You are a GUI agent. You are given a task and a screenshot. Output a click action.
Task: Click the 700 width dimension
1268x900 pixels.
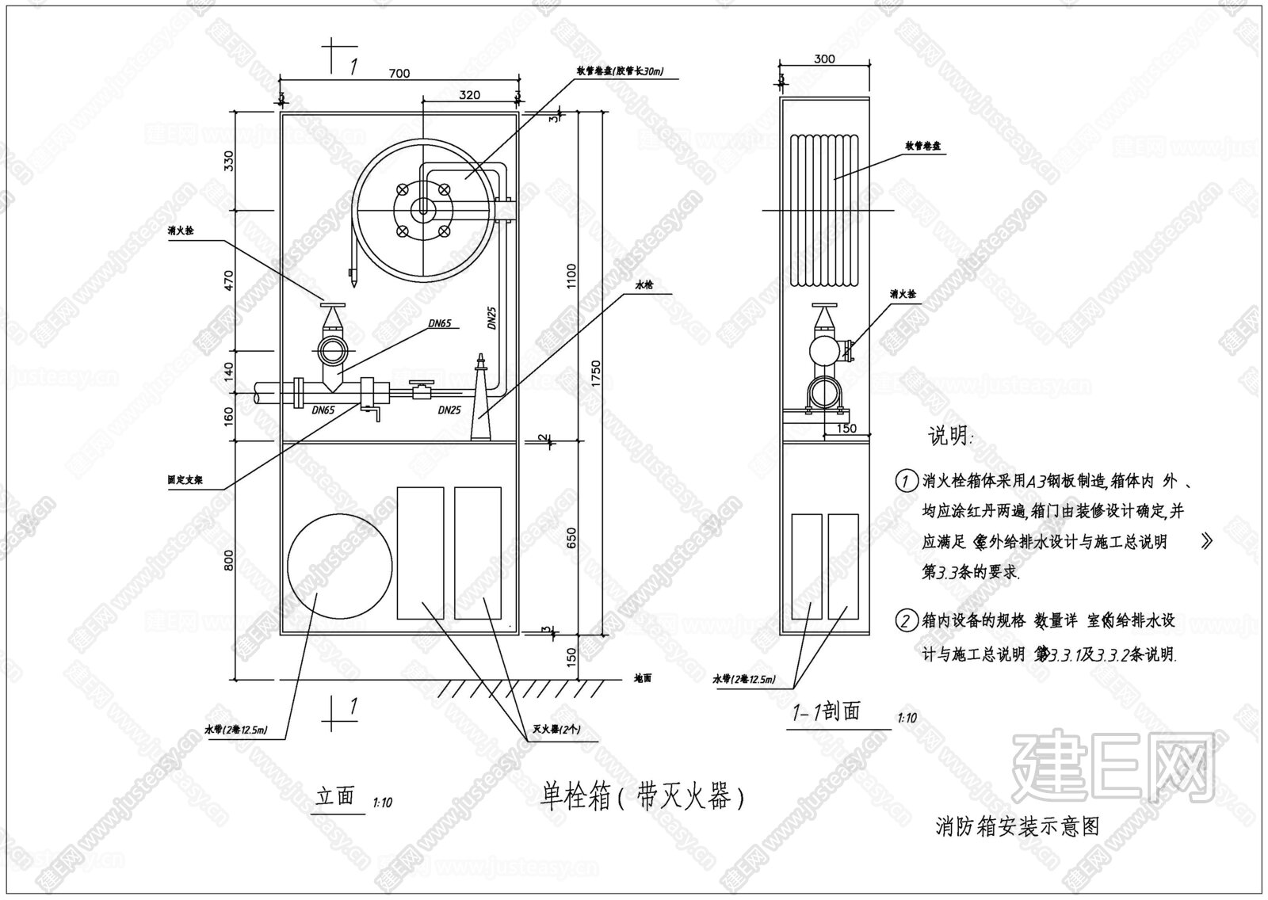pyautogui.click(x=399, y=74)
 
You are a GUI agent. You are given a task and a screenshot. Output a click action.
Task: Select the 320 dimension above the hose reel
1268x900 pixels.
pyautogui.click(x=469, y=95)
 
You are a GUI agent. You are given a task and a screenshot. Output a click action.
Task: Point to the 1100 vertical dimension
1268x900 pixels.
pyautogui.click(x=571, y=276)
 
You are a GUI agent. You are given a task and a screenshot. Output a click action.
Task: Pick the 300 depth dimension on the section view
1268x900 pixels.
pyautogui.click(x=824, y=59)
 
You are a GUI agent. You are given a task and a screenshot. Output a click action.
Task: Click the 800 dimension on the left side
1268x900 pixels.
pyautogui.click(x=229, y=562)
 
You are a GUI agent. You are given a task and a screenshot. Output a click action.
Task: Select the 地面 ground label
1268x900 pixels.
pyautogui.click(x=643, y=679)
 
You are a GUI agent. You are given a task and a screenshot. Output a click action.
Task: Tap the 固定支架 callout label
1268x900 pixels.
pyautogui.click(x=181, y=480)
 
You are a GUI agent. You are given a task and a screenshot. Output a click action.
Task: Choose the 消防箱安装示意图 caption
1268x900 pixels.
pyautogui.click(x=1018, y=826)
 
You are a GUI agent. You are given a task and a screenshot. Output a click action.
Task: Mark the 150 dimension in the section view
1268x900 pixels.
pyautogui.click(x=846, y=429)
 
